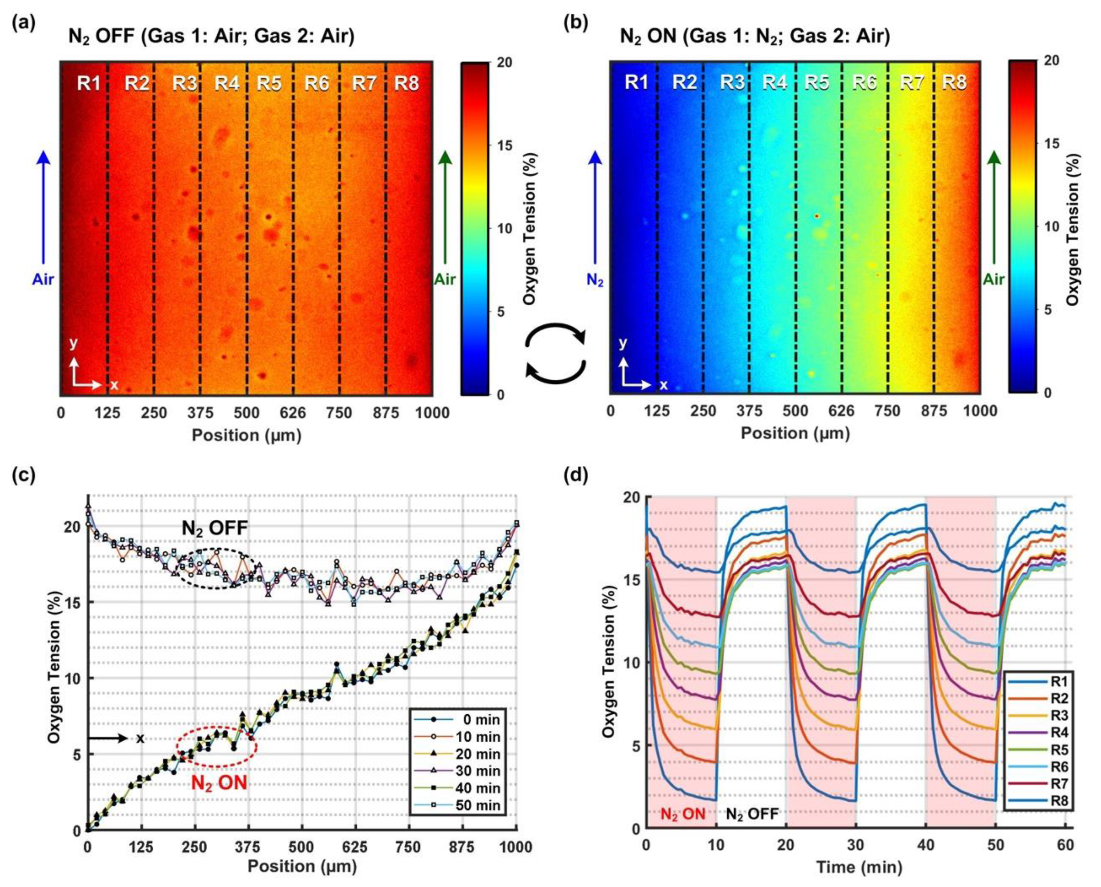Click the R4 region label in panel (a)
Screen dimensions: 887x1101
(x=227, y=83)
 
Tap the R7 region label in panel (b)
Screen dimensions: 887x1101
(x=912, y=82)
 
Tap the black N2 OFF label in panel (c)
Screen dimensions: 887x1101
(x=215, y=529)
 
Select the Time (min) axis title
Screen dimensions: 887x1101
(x=858, y=867)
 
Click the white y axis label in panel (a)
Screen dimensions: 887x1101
(x=74, y=343)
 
